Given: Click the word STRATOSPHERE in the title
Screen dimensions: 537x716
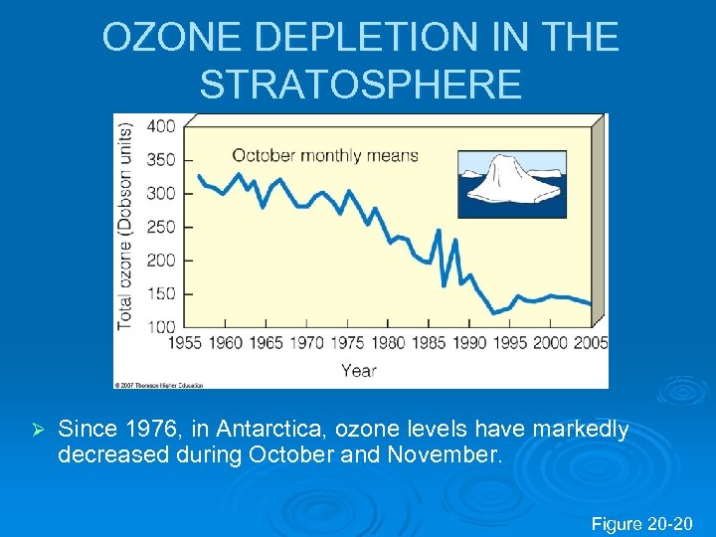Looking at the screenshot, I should [x=360, y=85].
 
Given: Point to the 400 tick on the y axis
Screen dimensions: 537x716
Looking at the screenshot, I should [x=161, y=126].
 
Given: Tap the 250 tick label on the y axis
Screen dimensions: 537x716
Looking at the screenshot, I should [x=161, y=227].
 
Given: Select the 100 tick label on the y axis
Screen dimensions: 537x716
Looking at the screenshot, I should [x=161, y=326].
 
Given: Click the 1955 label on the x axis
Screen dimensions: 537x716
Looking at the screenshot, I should [x=185, y=343].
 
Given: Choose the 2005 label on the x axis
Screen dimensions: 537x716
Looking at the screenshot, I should [x=591, y=343].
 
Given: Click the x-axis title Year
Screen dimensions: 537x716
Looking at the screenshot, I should [x=359, y=370].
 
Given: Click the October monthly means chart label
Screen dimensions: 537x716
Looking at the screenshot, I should [x=325, y=155].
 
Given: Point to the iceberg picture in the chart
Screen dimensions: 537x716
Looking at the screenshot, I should [x=511, y=184].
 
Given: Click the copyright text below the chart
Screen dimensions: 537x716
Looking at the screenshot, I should [x=159, y=384].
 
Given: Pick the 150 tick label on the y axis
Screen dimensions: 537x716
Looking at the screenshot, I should [x=161, y=293].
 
